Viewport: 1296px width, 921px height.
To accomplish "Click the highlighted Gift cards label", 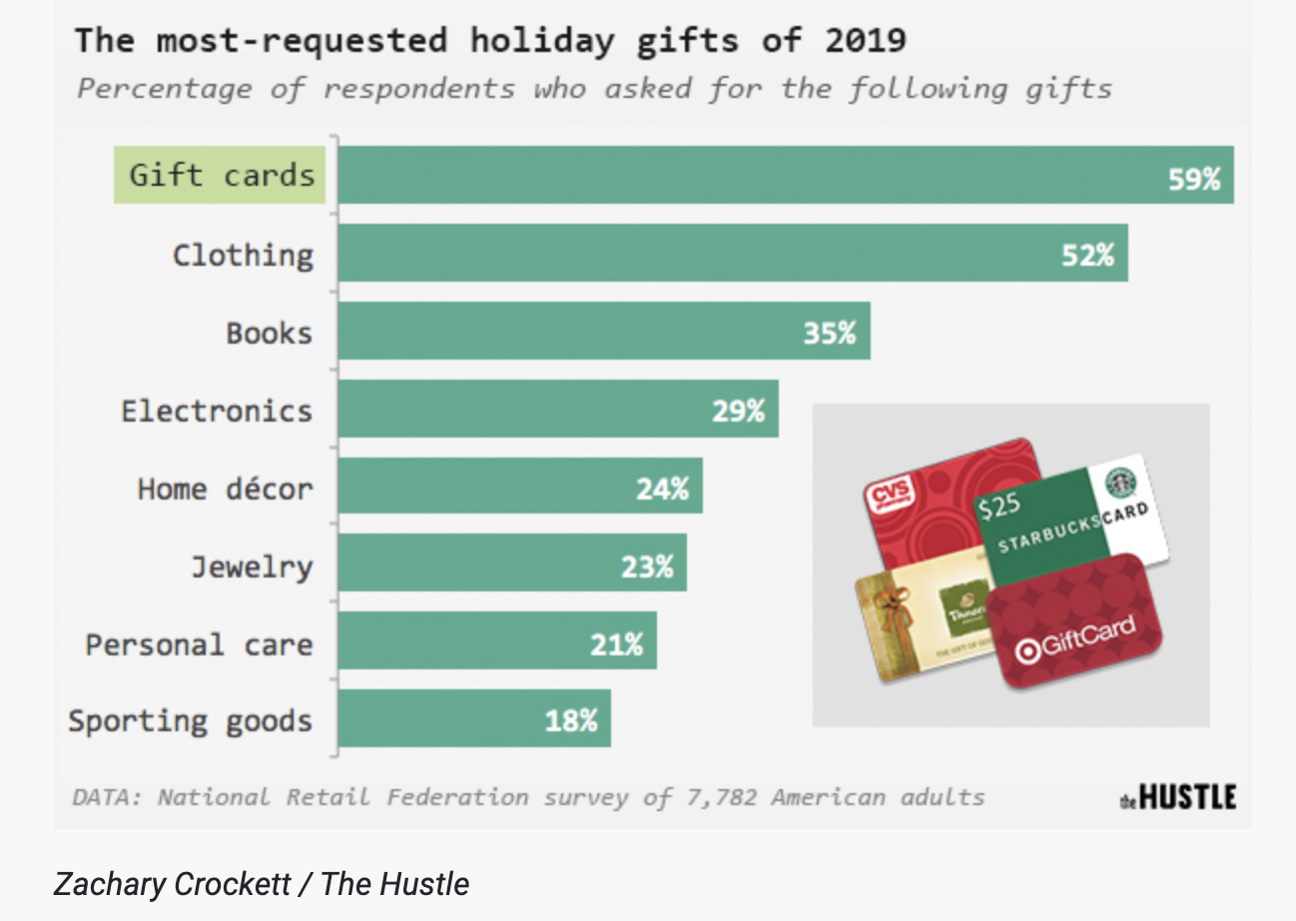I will click(x=220, y=176).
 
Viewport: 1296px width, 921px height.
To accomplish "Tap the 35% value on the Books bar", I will click(x=830, y=333).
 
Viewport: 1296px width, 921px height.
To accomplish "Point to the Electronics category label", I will click(x=217, y=411).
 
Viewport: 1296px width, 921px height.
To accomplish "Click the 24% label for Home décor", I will click(x=663, y=488).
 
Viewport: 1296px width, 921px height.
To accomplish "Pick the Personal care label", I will click(x=199, y=644).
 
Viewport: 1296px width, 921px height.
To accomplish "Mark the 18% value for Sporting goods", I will click(x=571, y=720).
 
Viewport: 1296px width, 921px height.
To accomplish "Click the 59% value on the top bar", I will click(x=1194, y=179).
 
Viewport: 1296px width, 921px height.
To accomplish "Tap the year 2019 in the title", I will click(x=866, y=41).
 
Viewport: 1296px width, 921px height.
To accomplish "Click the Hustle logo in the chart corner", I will click(x=1178, y=797).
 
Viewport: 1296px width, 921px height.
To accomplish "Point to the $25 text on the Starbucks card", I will click(x=999, y=506).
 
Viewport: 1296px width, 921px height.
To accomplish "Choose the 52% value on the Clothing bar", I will click(x=1087, y=255).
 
